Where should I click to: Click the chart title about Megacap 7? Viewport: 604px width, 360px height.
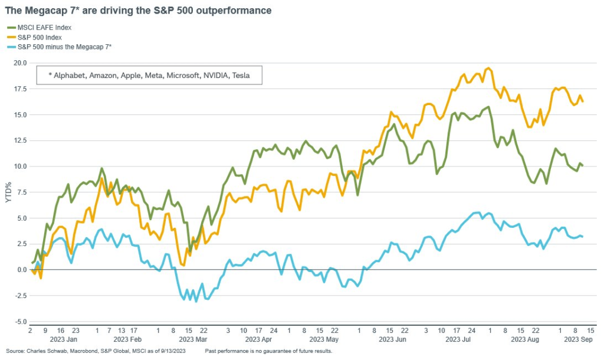[x=138, y=11]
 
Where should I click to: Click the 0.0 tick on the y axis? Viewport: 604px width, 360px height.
[x=22, y=270]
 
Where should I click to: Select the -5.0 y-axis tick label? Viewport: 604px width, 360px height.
[x=21, y=322]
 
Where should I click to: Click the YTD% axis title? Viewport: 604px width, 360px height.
[x=8, y=192]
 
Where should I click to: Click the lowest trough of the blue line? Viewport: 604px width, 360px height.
[x=196, y=302]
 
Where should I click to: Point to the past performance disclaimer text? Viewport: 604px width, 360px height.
[x=268, y=352]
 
